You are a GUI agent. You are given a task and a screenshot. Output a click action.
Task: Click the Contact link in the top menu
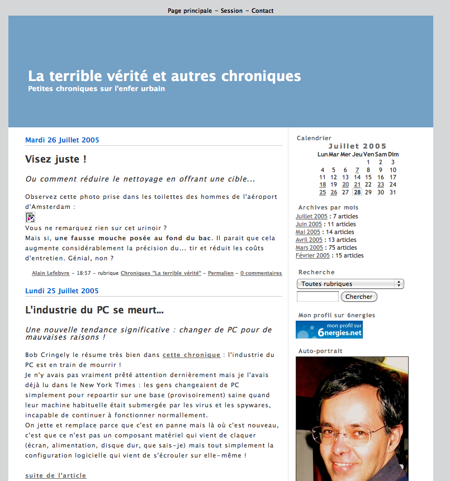point(262,11)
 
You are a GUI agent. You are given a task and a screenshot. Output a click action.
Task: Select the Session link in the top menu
point(231,11)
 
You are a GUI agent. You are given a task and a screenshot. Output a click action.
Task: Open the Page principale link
point(190,11)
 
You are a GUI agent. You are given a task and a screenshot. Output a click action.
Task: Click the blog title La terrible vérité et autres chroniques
point(164,76)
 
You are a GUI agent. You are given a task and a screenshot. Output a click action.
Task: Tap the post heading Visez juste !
point(56,159)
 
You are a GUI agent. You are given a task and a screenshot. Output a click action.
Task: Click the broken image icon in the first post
point(30,217)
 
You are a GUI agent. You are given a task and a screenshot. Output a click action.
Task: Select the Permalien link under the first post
point(220,273)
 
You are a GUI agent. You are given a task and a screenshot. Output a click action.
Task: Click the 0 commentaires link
point(261,273)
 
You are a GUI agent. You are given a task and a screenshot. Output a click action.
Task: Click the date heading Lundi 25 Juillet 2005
point(61,291)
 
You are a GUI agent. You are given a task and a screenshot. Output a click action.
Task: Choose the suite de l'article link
point(56,475)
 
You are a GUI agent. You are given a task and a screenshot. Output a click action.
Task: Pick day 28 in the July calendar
point(357,192)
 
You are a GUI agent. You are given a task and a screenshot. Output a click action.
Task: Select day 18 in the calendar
point(323,184)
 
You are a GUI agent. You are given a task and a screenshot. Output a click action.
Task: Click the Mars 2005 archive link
point(309,247)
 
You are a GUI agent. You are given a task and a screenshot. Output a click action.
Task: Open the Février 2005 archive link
point(312,255)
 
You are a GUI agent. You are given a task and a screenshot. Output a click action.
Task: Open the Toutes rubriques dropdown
point(350,284)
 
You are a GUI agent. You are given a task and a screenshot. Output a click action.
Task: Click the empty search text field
point(318,297)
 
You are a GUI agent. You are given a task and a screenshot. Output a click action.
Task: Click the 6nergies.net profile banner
point(329,330)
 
